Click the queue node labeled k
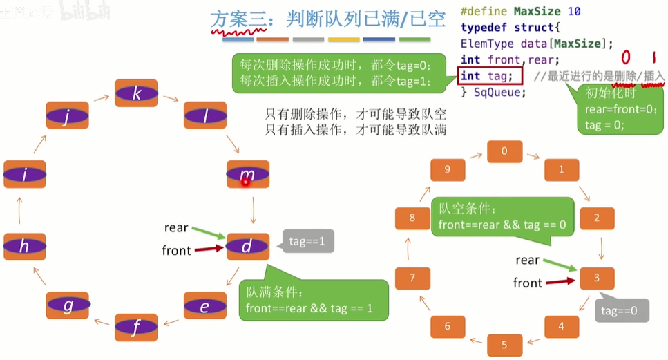pyautogui.click(x=136, y=93)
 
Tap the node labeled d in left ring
pyautogui.click(x=247, y=247)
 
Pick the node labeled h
pyautogui.click(x=24, y=247)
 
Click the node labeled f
pyautogui.click(x=136, y=328)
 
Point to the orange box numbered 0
pyautogui.click(x=504, y=151)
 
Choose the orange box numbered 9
pyautogui.click(x=448, y=169)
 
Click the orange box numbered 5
pyautogui.click(x=504, y=343)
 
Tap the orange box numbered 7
pyautogui.click(x=413, y=278)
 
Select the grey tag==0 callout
pyautogui.click(x=620, y=310)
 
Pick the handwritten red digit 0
pyautogui.click(x=627, y=57)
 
